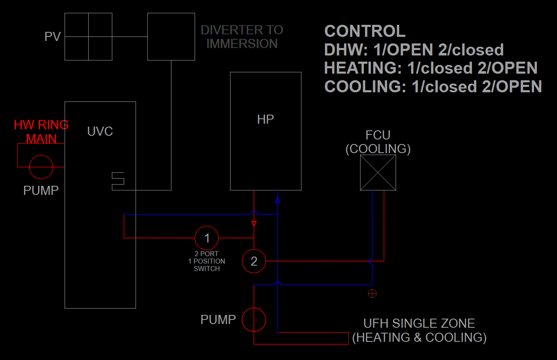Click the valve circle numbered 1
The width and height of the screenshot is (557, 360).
pos(207,238)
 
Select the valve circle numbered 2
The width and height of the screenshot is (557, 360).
pos(254,261)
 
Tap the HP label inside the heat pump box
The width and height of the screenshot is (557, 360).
pos(265,120)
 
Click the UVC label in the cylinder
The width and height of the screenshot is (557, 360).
pos(100,132)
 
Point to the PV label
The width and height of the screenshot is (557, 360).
pos(53,37)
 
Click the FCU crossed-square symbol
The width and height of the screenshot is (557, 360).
pos(378,173)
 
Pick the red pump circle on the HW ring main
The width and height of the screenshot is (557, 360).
pos(41,167)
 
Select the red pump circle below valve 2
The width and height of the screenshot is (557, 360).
pos(254,320)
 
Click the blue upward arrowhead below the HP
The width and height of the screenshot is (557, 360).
pos(277,201)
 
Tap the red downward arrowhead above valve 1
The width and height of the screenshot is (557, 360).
pos(254,224)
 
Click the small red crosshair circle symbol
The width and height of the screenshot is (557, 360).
pos(372,294)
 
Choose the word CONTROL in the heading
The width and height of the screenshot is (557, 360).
pos(365,31)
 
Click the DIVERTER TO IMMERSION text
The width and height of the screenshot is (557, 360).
pos(242,37)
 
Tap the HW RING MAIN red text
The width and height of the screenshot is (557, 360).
pos(41,132)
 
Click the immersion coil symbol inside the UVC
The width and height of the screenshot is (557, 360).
pos(118,181)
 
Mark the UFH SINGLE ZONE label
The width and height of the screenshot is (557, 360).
pos(419,324)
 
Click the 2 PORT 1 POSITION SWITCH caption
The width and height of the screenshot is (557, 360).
pos(207,261)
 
